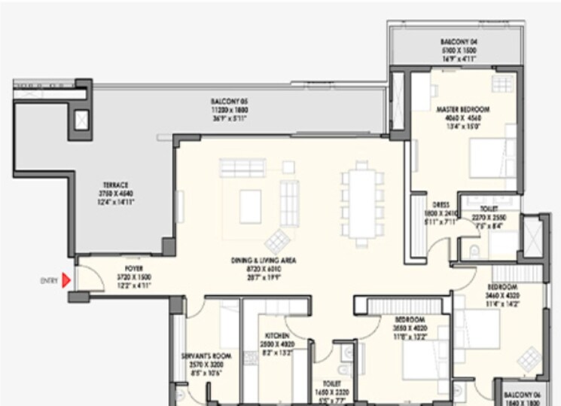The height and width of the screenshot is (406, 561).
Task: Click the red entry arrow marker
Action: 66,280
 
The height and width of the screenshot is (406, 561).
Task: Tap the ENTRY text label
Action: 49,280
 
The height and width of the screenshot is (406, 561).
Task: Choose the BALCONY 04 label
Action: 458,41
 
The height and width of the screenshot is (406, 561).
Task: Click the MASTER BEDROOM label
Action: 463,109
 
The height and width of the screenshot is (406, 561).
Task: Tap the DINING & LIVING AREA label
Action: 263,261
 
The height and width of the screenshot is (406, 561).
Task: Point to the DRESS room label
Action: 441,204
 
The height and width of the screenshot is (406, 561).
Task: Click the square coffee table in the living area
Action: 251,202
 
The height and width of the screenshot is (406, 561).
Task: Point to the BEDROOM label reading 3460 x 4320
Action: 502,288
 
